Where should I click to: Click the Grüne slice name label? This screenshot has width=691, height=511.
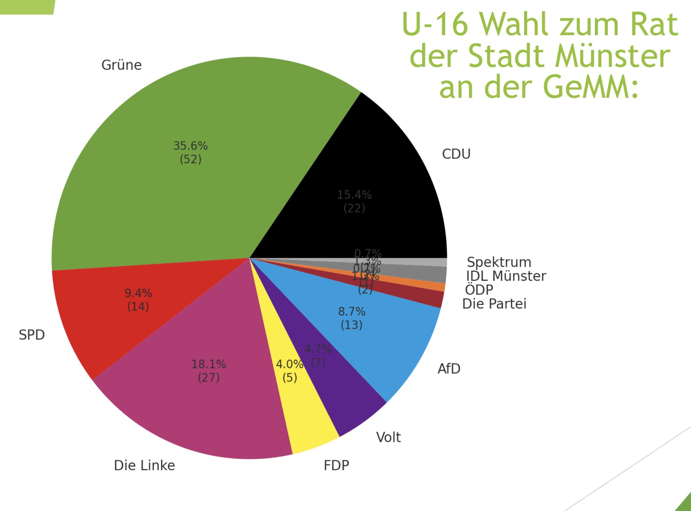[121, 65]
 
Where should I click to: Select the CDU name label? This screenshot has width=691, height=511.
[456, 154]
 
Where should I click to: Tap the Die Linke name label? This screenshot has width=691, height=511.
[144, 466]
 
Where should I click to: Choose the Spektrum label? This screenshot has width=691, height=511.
[499, 262]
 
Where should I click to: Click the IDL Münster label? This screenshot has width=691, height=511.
[506, 276]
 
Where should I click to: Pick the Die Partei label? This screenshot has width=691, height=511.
[494, 304]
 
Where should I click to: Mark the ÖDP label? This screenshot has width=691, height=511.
[479, 290]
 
